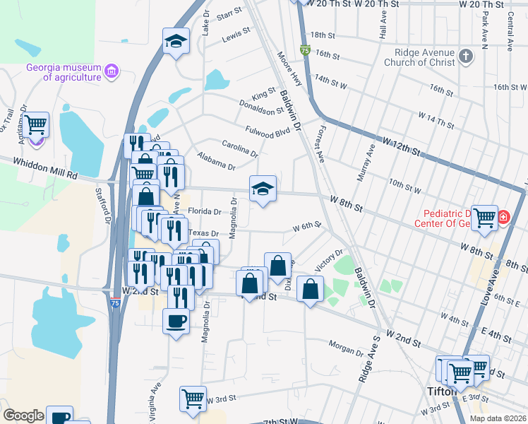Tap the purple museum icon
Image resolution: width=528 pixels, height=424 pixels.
coord(111,71)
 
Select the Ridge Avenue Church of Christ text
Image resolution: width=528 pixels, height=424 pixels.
coord(419,57)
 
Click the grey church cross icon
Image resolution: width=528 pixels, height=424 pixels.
coord(465,57)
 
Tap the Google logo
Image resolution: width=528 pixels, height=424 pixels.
coord(23,416)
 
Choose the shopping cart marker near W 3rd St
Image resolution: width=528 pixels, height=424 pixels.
coord(193,397)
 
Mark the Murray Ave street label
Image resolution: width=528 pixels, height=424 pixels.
coord(366,164)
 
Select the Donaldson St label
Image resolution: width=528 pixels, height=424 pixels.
coord(259,107)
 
